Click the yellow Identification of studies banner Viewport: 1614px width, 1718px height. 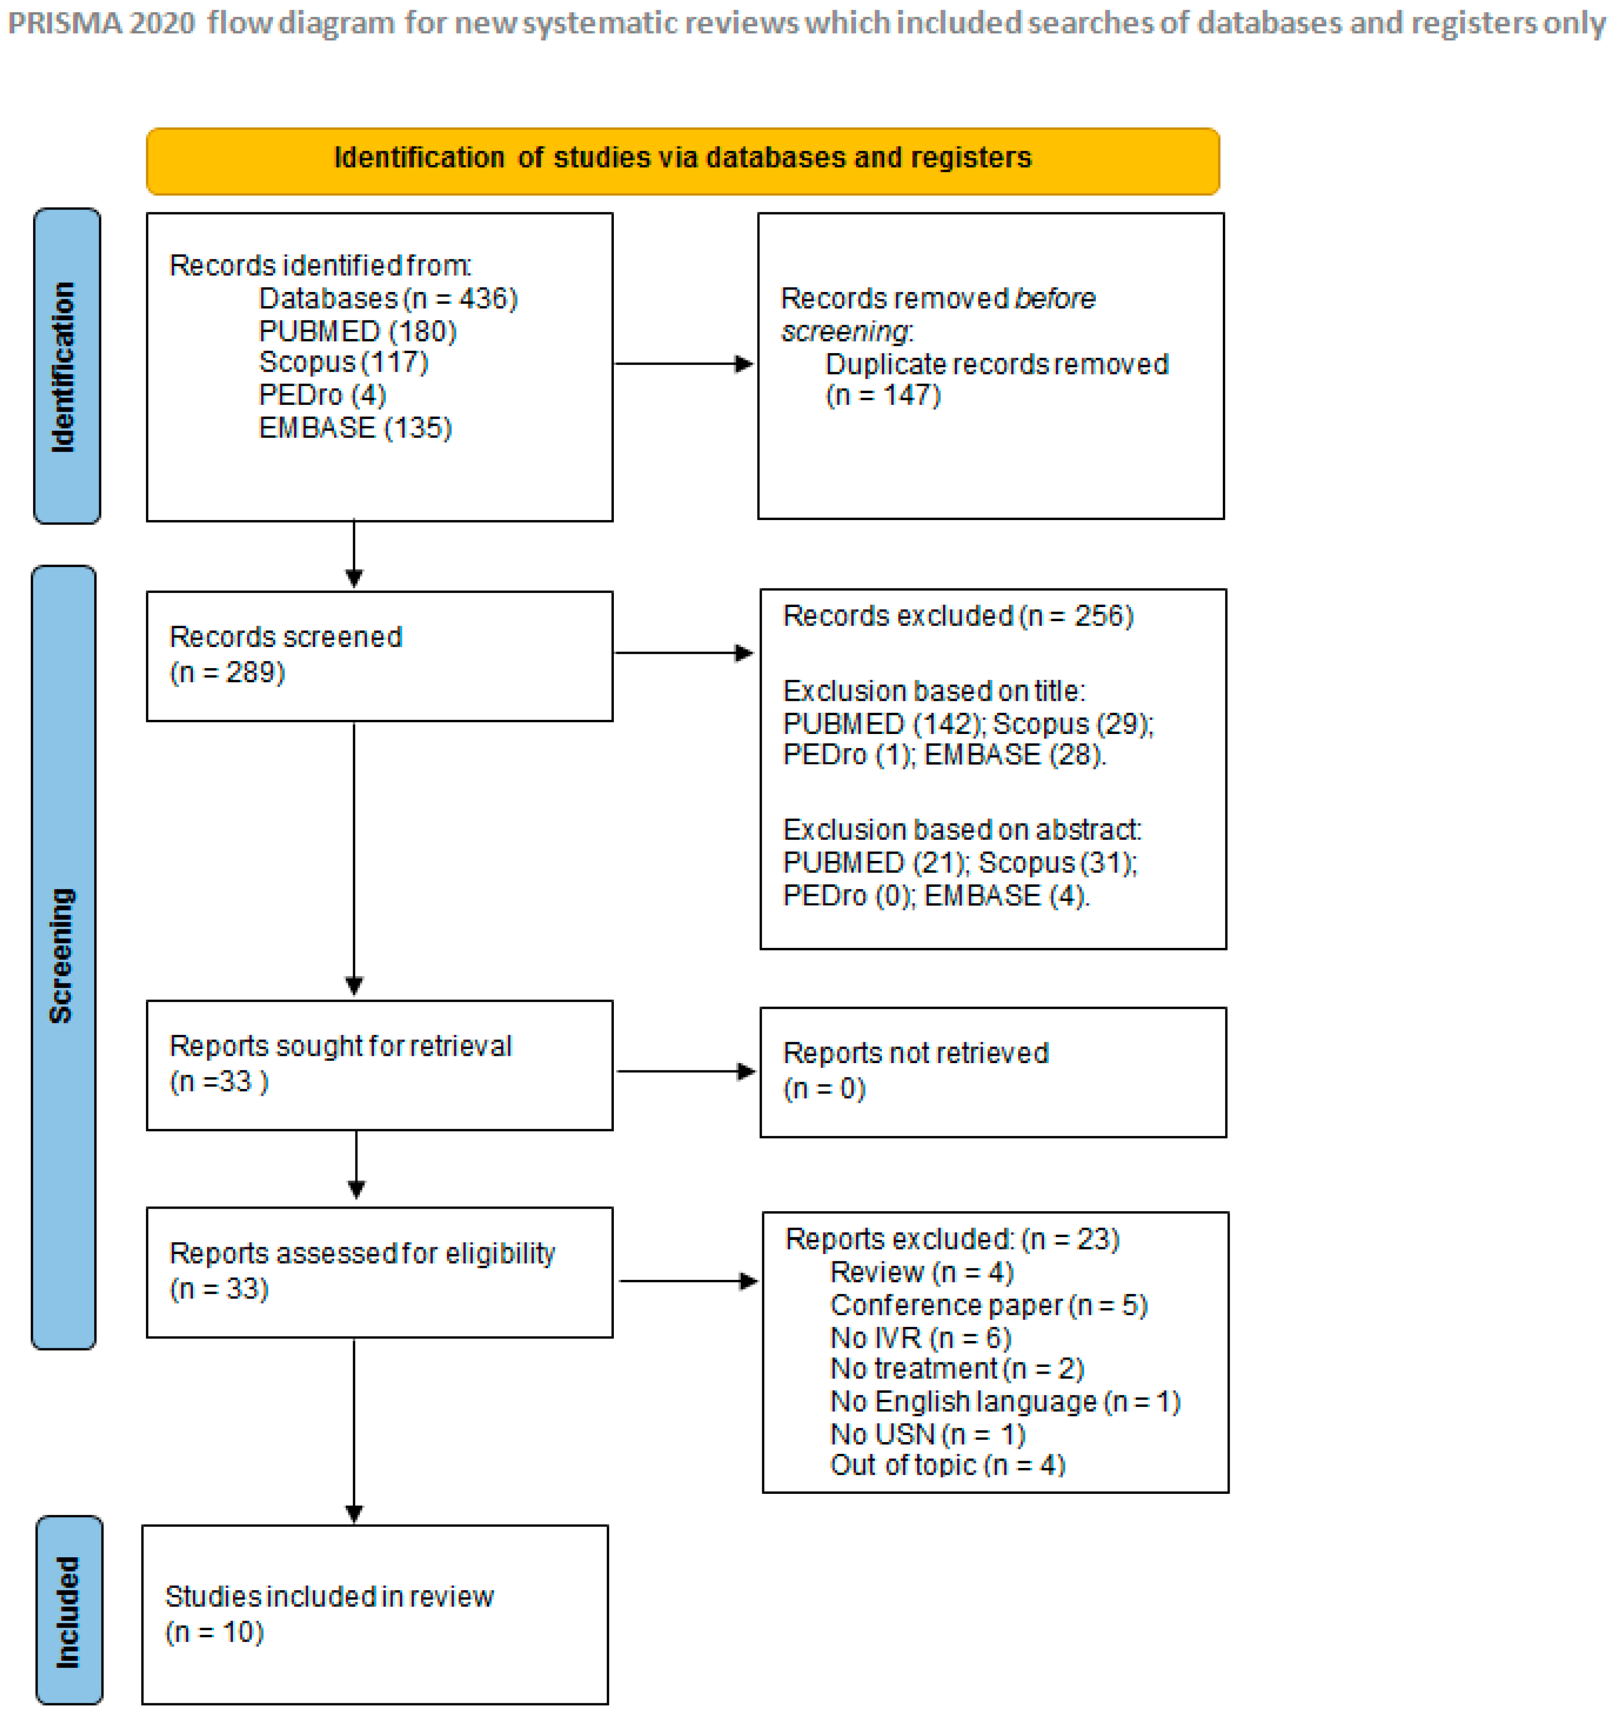(683, 161)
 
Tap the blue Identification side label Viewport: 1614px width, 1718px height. (66, 366)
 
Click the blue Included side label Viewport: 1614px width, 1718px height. (69, 1611)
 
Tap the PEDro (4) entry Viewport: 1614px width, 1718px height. (322, 396)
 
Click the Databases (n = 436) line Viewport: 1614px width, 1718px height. (388, 299)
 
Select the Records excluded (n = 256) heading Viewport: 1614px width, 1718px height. (957, 616)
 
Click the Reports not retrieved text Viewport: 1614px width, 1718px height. (915, 1053)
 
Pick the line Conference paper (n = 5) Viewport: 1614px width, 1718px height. (988, 1306)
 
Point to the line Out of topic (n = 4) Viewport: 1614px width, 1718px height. (947, 1466)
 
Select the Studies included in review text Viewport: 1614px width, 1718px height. (329, 1597)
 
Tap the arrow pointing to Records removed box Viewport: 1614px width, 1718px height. (684, 364)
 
